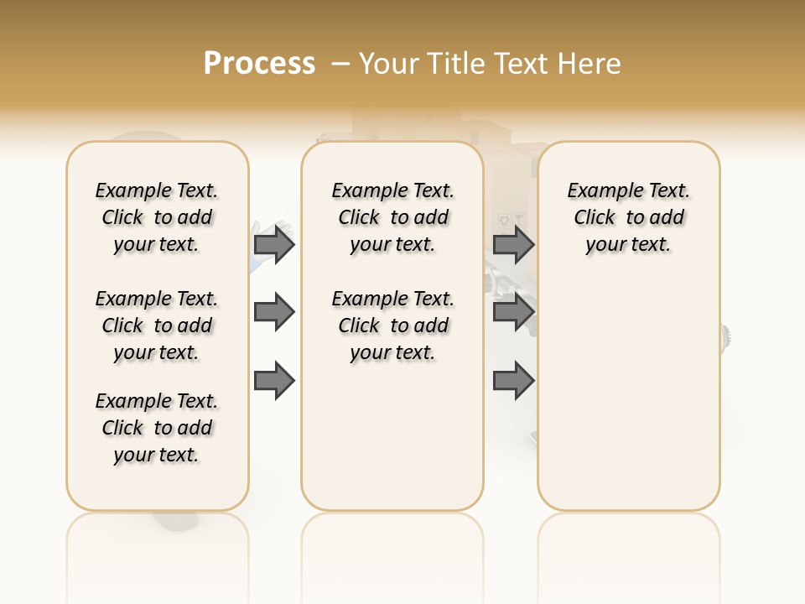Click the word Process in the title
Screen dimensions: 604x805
[259, 64]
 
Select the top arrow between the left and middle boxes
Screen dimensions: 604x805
[274, 244]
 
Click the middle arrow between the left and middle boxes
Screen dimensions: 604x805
[274, 312]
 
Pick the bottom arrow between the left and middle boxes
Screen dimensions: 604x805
[274, 381]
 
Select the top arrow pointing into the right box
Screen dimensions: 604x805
[513, 244]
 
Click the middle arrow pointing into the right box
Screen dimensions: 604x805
[513, 312]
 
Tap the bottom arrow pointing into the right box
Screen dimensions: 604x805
[513, 381]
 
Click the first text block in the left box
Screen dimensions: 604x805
[157, 217]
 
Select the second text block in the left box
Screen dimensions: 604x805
[157, 325]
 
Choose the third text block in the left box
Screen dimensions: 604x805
[157, 428]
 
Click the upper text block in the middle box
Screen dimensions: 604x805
[392, 217]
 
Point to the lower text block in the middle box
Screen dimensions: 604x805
[392, 325]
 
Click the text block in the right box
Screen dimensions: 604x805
[628, 217]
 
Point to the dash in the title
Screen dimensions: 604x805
[340, 64]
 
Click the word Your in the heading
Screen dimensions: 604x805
[389, 64]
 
